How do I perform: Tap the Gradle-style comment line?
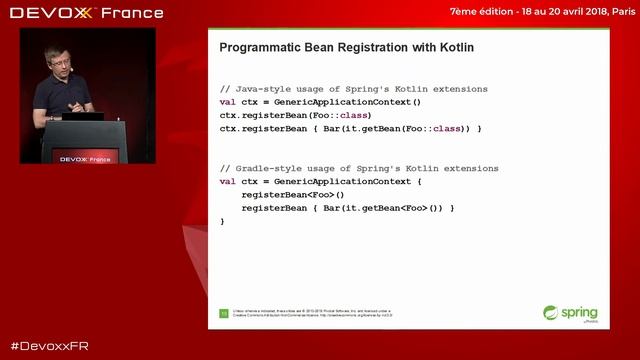[345, 168]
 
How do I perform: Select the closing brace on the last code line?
[222, 220]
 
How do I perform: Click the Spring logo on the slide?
[566, 313]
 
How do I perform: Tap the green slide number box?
[224, 313]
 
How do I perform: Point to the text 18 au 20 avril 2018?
[548, 12]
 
